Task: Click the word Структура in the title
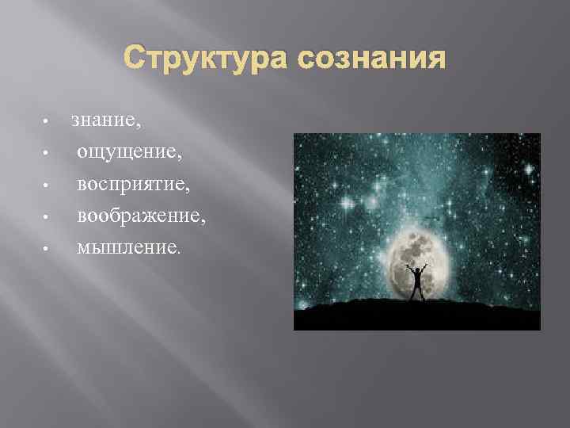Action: click(208, 59)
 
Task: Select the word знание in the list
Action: click(98, 121)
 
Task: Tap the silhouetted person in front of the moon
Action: click(417, 282)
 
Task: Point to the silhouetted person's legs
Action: click(417, 293)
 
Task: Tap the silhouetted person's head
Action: click(417, 270)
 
